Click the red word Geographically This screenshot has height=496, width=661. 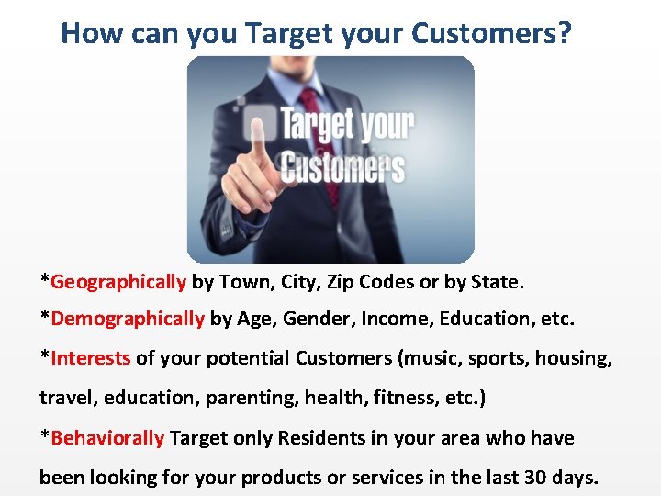click(118, 281)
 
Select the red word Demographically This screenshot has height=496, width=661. click(128, 319)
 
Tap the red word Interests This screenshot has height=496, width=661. click(91, 357)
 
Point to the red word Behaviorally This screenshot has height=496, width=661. click(107, 438)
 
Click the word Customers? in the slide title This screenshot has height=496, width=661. click(491, 34)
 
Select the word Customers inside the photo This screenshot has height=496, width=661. click(342, 168)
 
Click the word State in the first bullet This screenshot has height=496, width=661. click(496, 281)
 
